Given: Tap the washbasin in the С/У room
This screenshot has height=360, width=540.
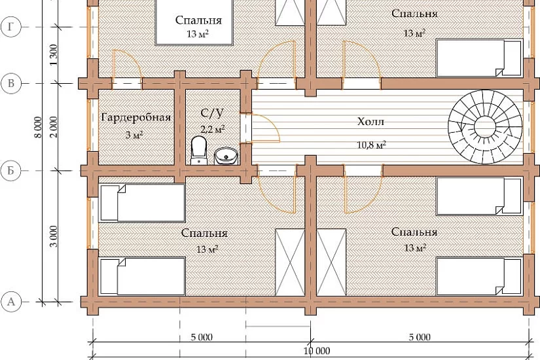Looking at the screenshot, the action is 226,156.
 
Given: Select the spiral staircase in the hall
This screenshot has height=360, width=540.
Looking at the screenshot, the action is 485,127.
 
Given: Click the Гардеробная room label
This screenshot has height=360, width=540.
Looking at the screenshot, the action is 136,118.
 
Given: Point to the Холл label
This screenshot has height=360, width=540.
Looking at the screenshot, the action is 370,122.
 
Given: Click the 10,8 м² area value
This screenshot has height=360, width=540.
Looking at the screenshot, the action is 371,145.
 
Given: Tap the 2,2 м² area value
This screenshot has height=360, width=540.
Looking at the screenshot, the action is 213,129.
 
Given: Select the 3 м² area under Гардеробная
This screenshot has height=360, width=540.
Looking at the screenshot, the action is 134,135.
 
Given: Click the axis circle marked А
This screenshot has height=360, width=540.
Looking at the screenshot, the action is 11,302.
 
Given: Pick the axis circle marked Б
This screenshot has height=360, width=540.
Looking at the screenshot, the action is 11,171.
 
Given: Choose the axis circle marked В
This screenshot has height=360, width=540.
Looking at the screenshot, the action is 11,83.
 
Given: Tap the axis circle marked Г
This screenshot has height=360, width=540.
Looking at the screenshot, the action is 11,27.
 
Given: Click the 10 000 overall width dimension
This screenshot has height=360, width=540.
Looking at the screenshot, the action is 317,351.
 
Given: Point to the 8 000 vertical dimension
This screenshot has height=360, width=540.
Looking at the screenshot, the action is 38,127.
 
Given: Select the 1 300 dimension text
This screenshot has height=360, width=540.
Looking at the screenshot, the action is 54,55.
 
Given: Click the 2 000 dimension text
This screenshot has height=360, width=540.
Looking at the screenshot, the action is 54,127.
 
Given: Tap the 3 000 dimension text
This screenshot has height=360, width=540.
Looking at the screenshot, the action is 54,236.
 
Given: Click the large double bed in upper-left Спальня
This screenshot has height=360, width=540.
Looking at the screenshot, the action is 194,22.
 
